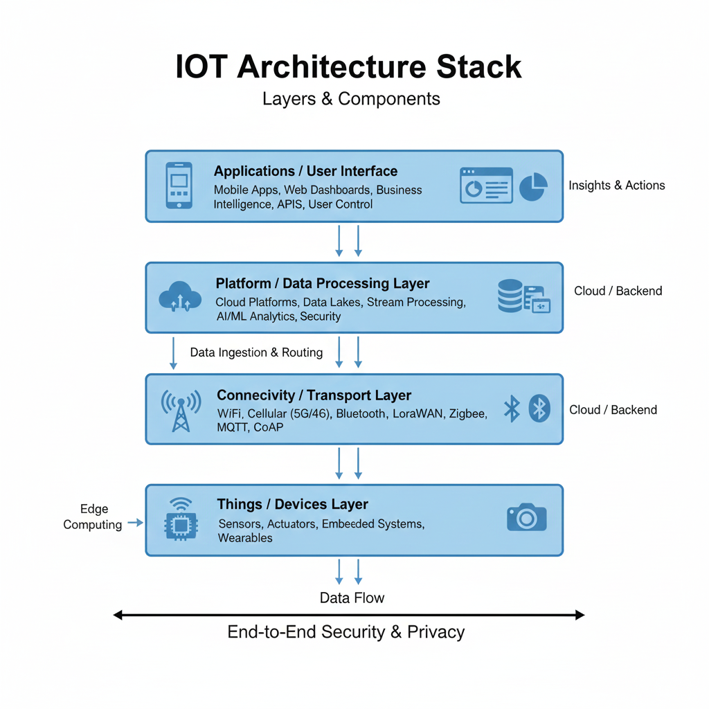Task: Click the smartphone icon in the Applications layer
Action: pyautogui.click(x=179, y=185)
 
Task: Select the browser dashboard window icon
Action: pyautogui.click(x=486, y=186)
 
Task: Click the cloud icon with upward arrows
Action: pyautogui.click(x=180, y=298)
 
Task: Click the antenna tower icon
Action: pyautogui.click(x=181, y=410)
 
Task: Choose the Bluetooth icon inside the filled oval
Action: pyautogui.click(x=539, y=409)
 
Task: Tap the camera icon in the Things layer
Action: pyautogui.click(x=526, y=517)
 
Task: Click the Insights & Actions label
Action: pyautogui.click(x=616, y=186)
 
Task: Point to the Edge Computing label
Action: pyautogui.click(x=93, y=517)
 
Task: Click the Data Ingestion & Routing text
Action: pyautogui.click(x=256, y=352)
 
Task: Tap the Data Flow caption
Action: pyautogui.click(x=352, y=598)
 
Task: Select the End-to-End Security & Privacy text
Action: pyautogui.click(x=345, y=632)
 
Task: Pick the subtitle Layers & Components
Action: pyautogui.click(x=351, y=99)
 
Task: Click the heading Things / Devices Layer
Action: pyautogui.click(x=292, y=504)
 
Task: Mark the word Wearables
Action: pyautogui.click(x=245, y=538)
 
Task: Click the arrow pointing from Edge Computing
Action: pyautogui.click(x=135, y=523)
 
